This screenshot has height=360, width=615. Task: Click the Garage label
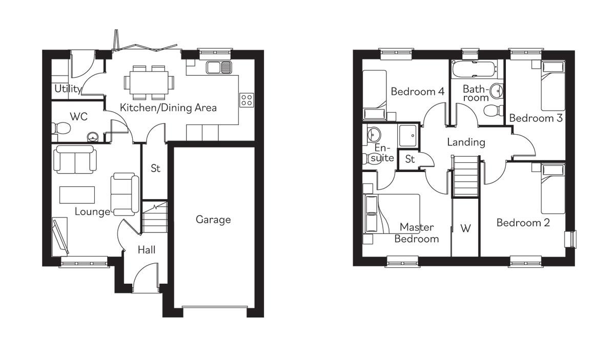[213, 220]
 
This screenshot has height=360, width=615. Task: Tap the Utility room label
[68, 89]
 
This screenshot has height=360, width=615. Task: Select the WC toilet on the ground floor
[60, 128]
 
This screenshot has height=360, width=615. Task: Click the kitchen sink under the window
[219, 67]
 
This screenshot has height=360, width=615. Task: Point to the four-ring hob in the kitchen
[247, 99]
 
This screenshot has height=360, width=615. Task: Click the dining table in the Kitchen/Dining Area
[148, 82]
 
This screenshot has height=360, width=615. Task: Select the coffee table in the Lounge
[77, 195]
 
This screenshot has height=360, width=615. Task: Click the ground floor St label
[155, 168]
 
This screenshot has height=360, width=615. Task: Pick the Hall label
[147, 250]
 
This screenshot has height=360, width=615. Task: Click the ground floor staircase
[155, 218]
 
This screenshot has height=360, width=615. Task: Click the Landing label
[466, 142]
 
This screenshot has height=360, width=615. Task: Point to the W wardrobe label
[465, 228]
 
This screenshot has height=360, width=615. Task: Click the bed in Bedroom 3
[553, 86]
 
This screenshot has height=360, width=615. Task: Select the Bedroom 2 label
[523, 223]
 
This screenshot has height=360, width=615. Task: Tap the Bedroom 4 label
[417, 92]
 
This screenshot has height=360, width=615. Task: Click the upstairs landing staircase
[466, 176]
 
